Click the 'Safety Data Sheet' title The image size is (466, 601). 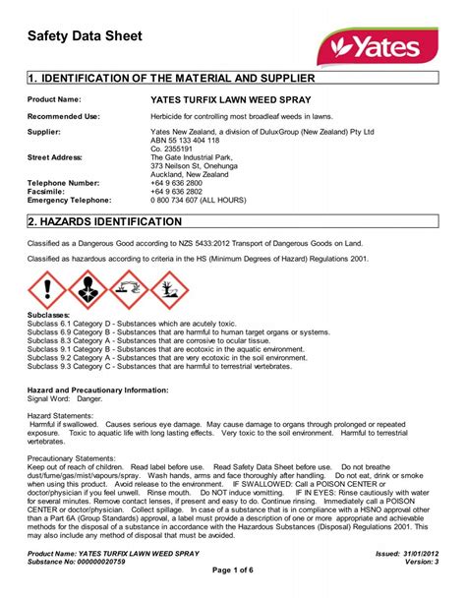tap(85, 36)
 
